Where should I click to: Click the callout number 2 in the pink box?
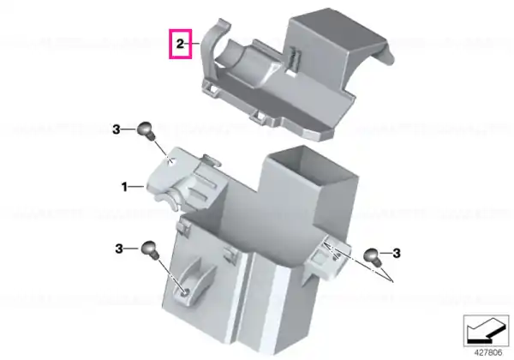tap(180, 44)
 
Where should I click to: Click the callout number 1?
tap(124, 187)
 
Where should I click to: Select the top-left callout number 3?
tap(117, 129)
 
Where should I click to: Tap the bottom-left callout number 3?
tap(119, 249)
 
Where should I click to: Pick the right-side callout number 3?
tap(397, 253)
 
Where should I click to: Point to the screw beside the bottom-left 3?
tap(150, 249)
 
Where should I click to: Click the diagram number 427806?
tap(488, 353)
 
